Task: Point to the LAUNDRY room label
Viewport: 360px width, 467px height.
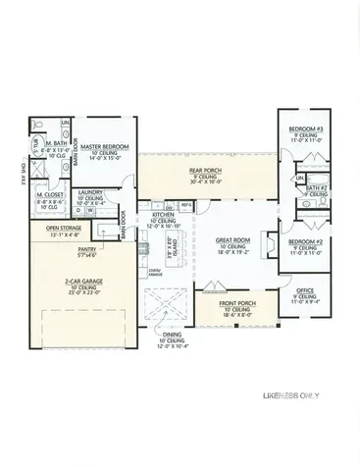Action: pos(91,192)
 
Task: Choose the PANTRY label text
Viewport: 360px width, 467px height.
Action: pos(71,251)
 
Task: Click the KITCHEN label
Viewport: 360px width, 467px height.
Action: pos(163,213)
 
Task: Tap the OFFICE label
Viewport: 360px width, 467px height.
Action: pos(305,291)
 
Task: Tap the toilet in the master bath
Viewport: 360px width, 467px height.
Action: pos(34,144)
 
